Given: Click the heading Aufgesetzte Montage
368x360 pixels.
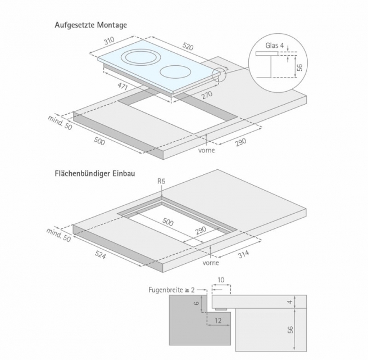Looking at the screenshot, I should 90,25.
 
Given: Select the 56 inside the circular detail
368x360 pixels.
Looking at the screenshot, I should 299,67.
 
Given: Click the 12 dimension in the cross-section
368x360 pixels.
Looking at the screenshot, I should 218,321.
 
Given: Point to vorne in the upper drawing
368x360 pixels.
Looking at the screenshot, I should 207,150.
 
